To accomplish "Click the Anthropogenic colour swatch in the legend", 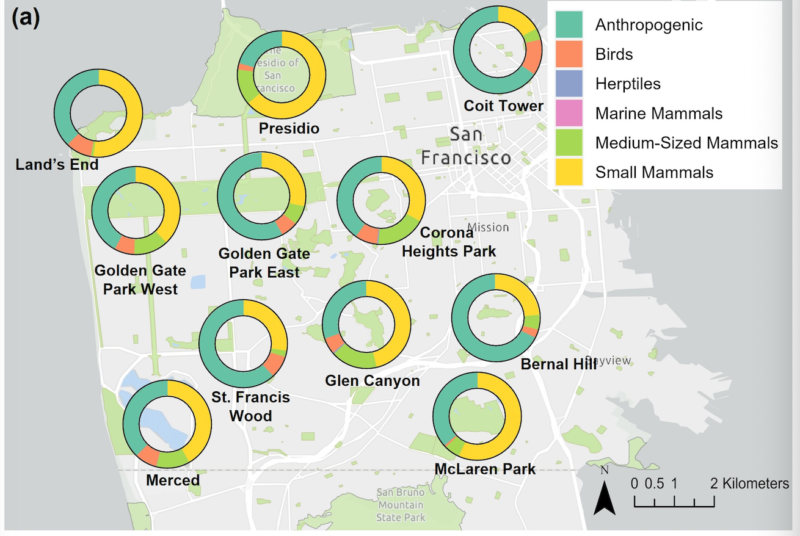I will (x=569, y=25).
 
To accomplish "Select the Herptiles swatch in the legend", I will (x=569, y=84).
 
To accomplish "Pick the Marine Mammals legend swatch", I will (x=569, y=114).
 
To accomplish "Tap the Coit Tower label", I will (x=503, y=106).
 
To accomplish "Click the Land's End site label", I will (x=57, y=164).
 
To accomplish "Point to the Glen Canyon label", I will (x=372, y=381).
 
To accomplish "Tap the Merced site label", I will (x=173, y=480).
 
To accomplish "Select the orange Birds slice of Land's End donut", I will (x=81, y=146).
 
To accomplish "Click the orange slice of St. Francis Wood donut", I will (x=274, y=363).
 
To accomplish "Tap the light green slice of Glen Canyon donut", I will (x=354, y=357).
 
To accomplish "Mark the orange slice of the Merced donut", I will (x=148, y=455).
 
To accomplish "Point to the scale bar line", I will (x=674, y=505).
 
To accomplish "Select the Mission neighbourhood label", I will (x=488, y=227).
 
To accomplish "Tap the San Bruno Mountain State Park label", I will (x=400, y=505).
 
